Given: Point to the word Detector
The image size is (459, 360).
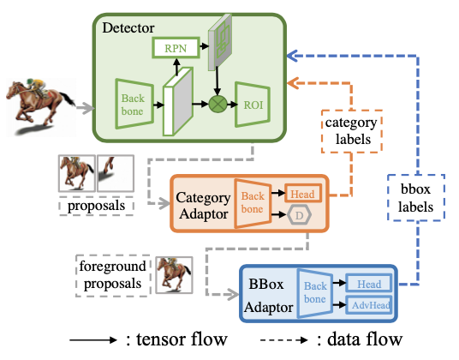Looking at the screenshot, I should point(130,27).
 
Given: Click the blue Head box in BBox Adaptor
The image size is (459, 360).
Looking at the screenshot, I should point(368,284).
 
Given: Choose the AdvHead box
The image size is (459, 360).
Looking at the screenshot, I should point(368,304).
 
